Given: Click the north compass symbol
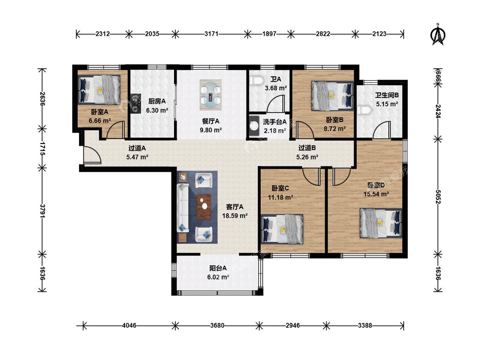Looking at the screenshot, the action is click(x=438, y=34).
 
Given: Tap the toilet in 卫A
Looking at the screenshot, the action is click(x=257, y=81).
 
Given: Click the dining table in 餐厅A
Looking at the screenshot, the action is click(x=211, y=95).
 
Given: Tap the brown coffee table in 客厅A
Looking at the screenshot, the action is click(x=204, y=207).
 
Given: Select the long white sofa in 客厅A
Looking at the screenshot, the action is click(x=183, y=208).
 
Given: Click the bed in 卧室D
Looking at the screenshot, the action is click(x=381, y=223).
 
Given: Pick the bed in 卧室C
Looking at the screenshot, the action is click(x=282, y=229).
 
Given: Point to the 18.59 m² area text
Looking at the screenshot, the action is click(x=235, y=216).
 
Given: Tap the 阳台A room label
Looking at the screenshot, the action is click(x=218, y=268).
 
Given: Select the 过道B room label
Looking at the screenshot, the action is click(x=307, y=148).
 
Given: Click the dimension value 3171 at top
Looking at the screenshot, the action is click(x=212, y=34).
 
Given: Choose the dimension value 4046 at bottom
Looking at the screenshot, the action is click(x=129, y=325).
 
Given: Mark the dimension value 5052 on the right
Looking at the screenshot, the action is click(x=438, y=197).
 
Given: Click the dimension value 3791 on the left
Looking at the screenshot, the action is click(x=43, y=212).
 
